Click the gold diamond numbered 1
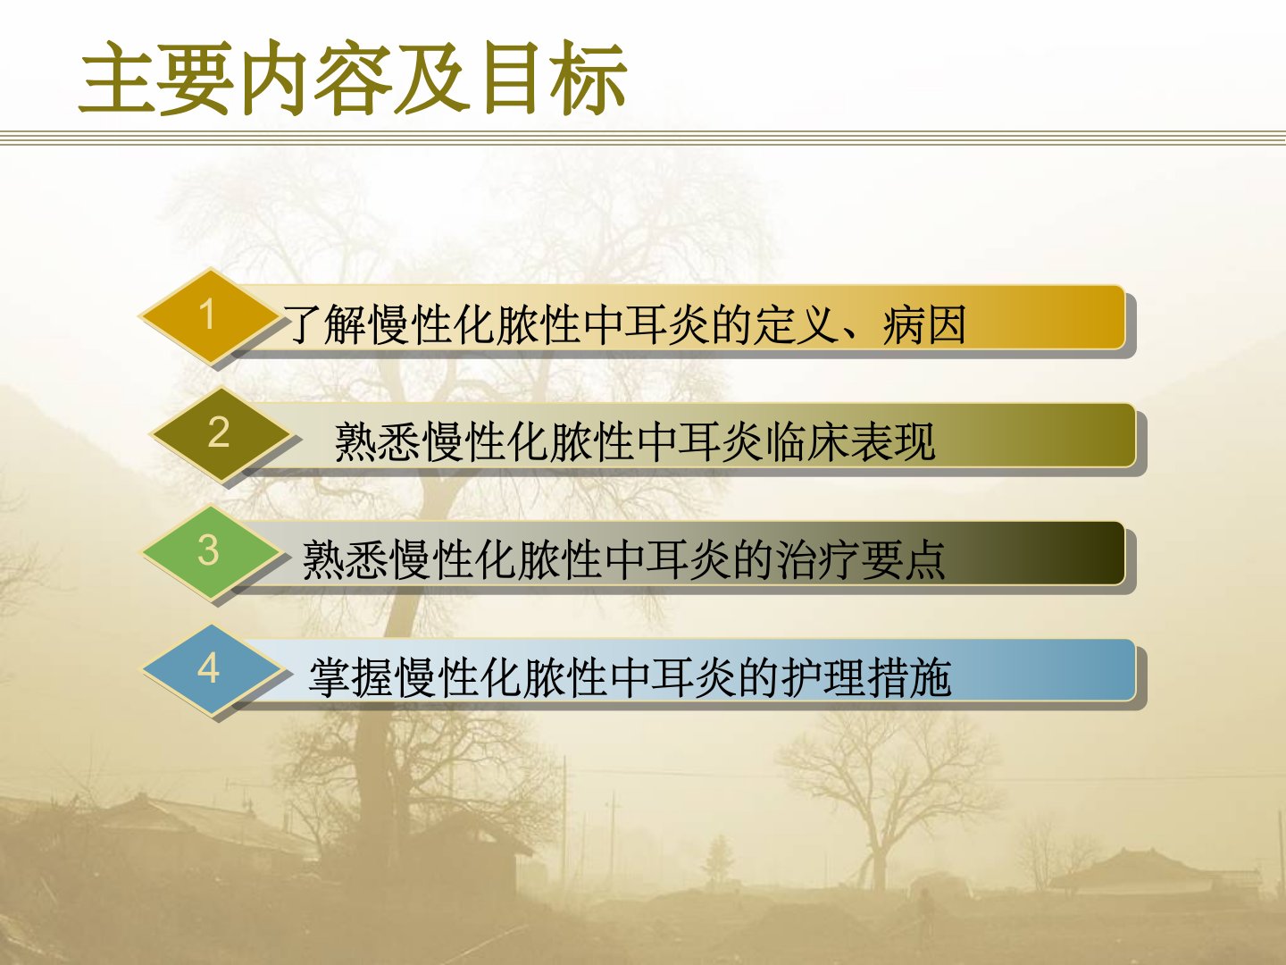click(209, 315)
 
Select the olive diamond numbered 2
click(220, 434)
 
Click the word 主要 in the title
click(156, 78)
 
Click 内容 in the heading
click(315, 78)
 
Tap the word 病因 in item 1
click(924, 323)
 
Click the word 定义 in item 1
click(796, 323)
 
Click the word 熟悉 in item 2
click(377, 441)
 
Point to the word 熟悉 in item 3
click(345, 560)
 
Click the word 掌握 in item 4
click(351, 677)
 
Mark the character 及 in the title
click(433, 78)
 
